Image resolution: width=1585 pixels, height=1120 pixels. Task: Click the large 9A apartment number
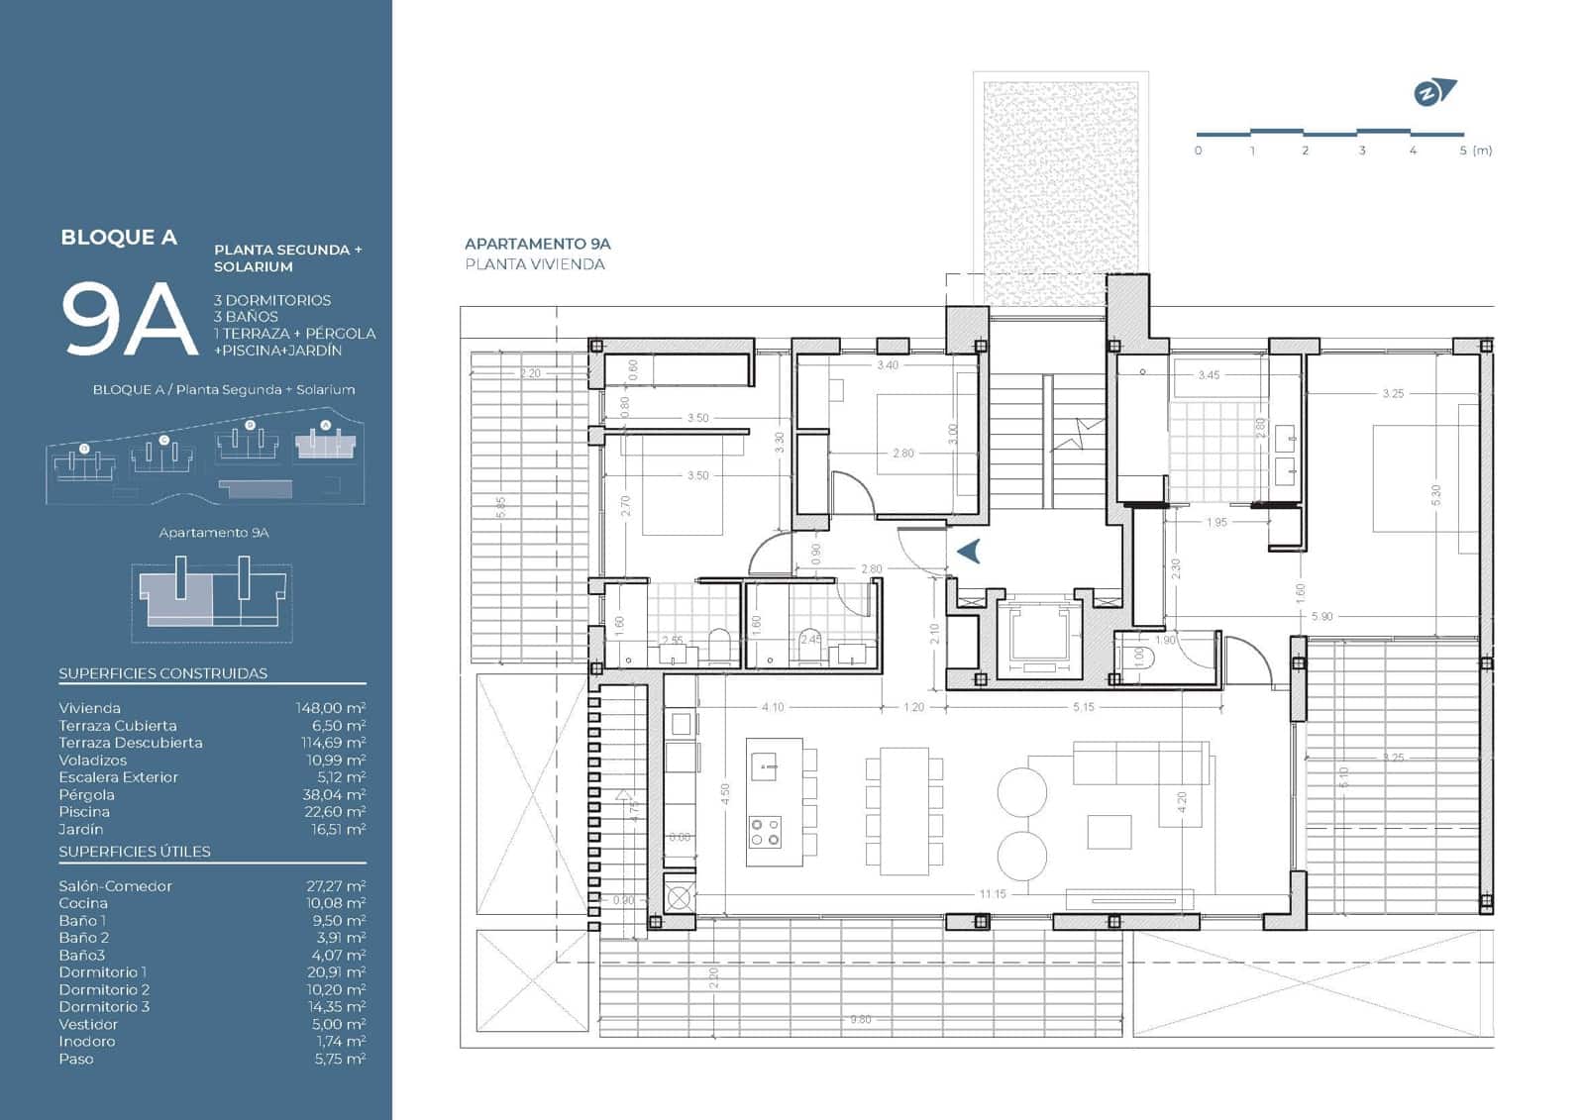(x=129, y=319)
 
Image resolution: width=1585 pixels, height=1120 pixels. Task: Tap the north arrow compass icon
(x=1434, y=93)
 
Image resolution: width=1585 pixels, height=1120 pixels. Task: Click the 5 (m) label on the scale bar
(x=1475, y=151)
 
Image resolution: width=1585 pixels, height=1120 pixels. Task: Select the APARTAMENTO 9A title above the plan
(x=537, y=244)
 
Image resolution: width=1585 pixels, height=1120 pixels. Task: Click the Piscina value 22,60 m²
(x=338, y=812)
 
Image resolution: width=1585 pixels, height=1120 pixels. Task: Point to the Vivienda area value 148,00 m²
(x=330, y=708)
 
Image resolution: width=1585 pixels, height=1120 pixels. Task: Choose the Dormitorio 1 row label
(x=102, y=972)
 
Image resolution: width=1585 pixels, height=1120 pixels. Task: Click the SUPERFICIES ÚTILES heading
(x=135, y=852)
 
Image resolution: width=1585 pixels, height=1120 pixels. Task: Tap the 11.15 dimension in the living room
(x=993, y=894)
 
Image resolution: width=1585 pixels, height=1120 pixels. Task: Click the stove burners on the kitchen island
(x=765, y=832)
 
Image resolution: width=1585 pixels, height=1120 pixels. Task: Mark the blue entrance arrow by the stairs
(x=968, y=551)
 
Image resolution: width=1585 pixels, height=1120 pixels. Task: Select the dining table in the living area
(x=903, y=812)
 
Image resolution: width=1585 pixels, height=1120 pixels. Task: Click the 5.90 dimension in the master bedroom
(x=1321, y=616)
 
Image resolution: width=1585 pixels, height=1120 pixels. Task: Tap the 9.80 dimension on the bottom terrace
(x=860, y=1019)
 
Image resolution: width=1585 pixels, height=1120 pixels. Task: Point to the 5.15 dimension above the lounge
(x=1083, y=707)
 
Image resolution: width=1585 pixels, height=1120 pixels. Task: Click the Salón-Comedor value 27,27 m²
(x=336, y=886)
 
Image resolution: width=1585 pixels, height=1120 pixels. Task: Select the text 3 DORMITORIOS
(x=272, y=300)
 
